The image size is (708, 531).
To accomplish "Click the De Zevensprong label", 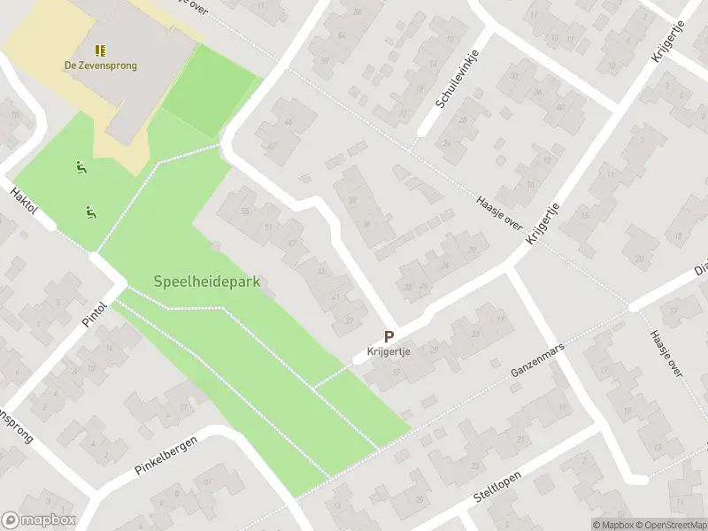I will (100, 65).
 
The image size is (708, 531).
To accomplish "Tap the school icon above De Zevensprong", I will (100, 50).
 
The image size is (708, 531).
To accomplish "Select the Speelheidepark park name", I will (212, 282).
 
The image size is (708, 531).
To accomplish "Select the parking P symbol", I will (389, 336).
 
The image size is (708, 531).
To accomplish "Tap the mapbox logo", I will (39, 520).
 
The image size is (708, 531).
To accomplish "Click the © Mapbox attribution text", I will (612, 525).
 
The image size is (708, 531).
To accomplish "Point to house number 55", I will (245, 211).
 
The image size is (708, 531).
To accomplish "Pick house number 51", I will (267, 227).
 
